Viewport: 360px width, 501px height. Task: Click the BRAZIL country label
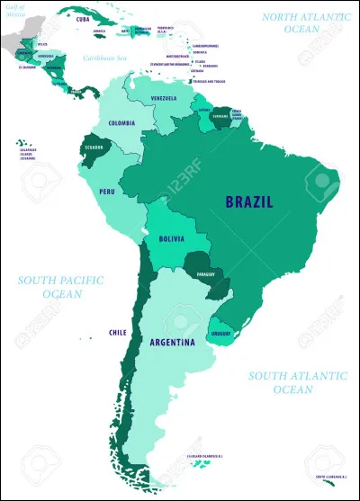pos(249,201)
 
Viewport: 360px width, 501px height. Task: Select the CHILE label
pos(117,331)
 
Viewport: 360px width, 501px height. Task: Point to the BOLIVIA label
pos(171,239)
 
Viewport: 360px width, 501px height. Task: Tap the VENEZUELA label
pos(164,98)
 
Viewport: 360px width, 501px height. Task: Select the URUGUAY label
pos(221,335)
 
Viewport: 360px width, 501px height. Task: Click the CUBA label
pos(83,19)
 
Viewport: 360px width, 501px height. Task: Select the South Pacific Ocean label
pos(60,287)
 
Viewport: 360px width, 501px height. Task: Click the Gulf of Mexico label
pos(13,9)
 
